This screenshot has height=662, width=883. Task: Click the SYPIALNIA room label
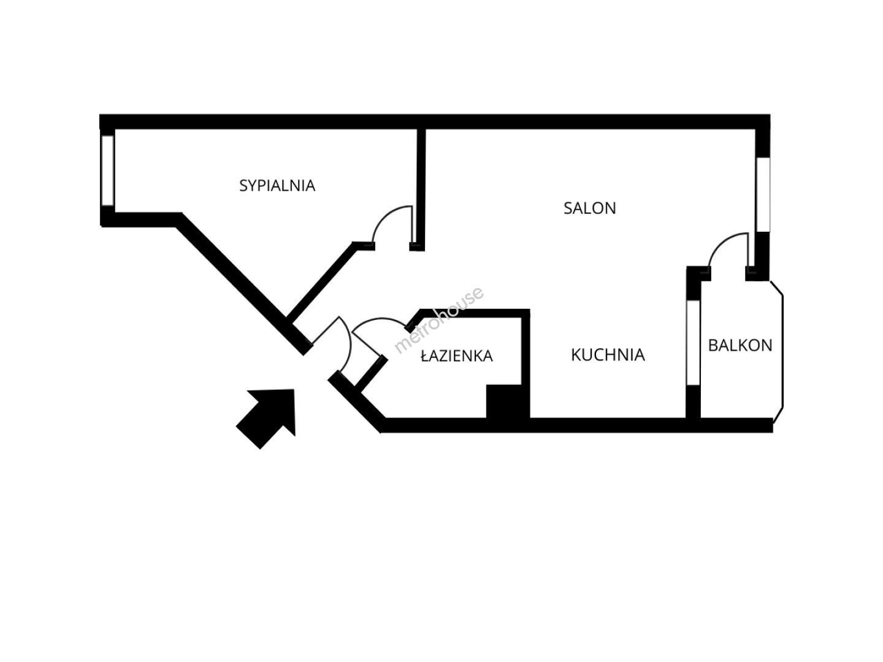277,185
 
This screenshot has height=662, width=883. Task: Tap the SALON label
589,208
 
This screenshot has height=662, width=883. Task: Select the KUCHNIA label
608,355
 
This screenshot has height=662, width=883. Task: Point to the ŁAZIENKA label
457,356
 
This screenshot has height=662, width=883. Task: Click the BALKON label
740,345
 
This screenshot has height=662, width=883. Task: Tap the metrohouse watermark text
439,320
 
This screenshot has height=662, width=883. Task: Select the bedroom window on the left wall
108,170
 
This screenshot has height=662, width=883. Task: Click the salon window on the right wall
762,194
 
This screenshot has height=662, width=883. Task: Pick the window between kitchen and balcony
693,343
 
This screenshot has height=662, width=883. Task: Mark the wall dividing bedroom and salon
421,184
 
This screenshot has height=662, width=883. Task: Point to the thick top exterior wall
429,121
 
